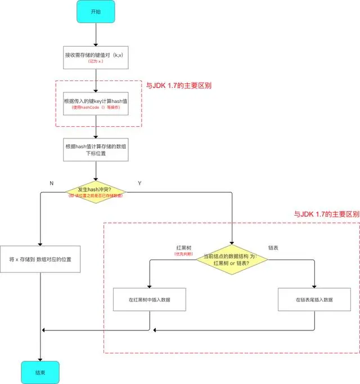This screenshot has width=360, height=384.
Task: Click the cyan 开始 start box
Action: [x=97, y=12]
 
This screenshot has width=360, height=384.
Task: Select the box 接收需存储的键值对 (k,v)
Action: [x=97, y=57]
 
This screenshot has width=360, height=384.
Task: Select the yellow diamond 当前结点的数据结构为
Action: [x=232, y=260]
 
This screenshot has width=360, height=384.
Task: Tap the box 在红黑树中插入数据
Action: [x=149, y=300]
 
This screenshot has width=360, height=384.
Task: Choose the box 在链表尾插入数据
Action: [x=314, y=300]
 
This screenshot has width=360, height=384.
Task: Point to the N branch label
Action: [x=52, y=183]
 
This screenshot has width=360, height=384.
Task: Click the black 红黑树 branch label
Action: [x=185, y=247]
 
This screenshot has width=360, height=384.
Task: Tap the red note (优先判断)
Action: [x=185, y=254]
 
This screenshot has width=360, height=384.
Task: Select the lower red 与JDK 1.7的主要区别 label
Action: [x=326, y=215]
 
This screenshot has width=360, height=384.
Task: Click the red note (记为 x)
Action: [x=97, y=61]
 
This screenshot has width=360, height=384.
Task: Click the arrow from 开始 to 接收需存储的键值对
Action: [x=97, y=34]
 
